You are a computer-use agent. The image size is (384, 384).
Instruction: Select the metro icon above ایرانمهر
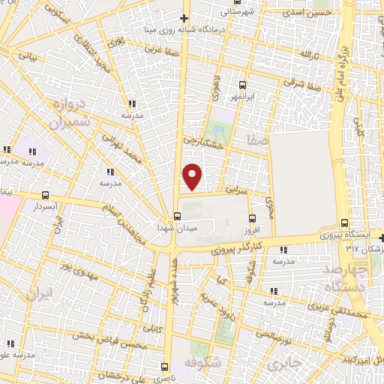(x=241, y=85)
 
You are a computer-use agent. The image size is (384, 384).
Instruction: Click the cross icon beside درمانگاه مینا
(x=184, y=17)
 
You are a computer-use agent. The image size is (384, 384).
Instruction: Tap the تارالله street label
(x=310, y=55)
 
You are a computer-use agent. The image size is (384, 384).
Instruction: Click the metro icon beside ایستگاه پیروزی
(x=344, y=223)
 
